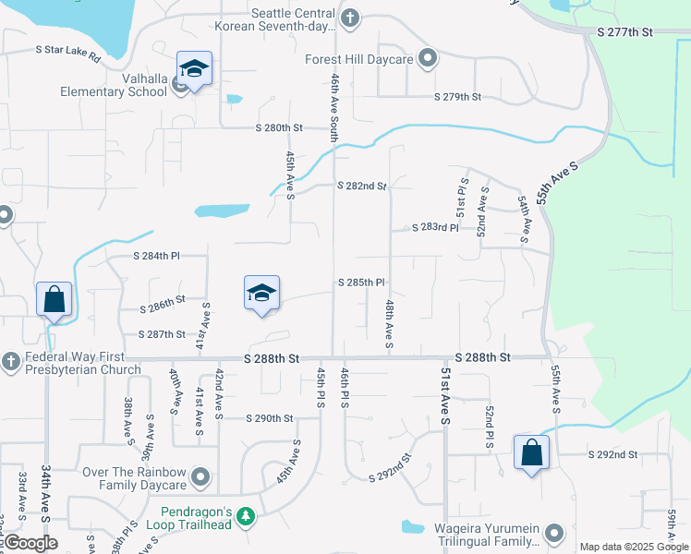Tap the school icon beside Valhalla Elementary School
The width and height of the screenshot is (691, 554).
[x=194, y=69]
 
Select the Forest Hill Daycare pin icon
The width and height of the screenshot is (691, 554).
[x=428, y=59]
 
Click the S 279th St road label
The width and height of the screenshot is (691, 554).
[x=458, y=97]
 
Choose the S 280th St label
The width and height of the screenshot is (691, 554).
[x=280, y=127]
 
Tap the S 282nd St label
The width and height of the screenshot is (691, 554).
[x=361, y=186]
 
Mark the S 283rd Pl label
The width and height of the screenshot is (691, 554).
[x=435, y=226]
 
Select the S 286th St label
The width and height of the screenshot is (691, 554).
[x=163, y=299]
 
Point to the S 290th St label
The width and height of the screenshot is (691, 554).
[x=269, y=418]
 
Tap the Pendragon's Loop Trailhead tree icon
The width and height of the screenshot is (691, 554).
[x=246, y=515]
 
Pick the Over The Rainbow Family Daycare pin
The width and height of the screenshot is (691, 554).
[x=201, y=479]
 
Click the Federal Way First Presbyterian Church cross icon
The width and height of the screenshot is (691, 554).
[x=10, y=359]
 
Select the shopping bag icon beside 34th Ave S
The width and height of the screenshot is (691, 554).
[x=55, y=299]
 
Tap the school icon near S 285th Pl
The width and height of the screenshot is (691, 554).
[x=261, y=293]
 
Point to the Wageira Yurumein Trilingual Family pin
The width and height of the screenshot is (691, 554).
[x=553, y=533]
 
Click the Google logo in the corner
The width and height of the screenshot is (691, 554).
[x=30, y=543]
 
